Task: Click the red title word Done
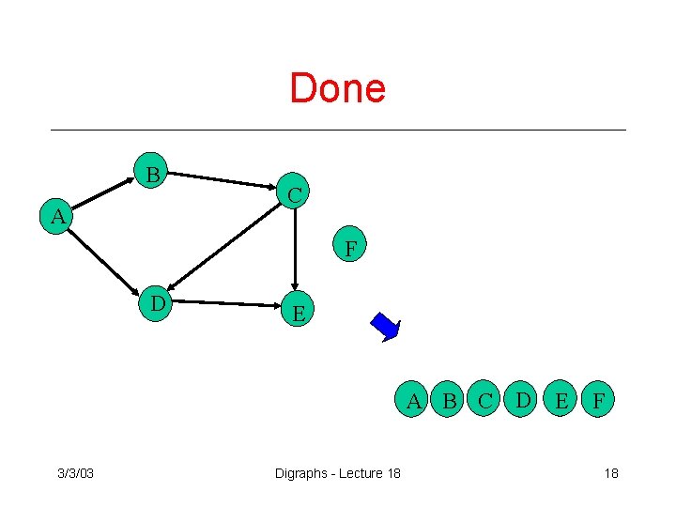(337, 88)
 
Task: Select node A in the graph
(58, 217)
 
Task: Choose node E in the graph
(298, 312)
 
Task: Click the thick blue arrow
(386, 327)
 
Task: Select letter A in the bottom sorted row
(413, 400)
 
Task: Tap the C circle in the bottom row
(486, 400)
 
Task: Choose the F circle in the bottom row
(597, 400)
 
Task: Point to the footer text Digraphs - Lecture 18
(337, 472)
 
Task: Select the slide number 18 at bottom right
(610, 472)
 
